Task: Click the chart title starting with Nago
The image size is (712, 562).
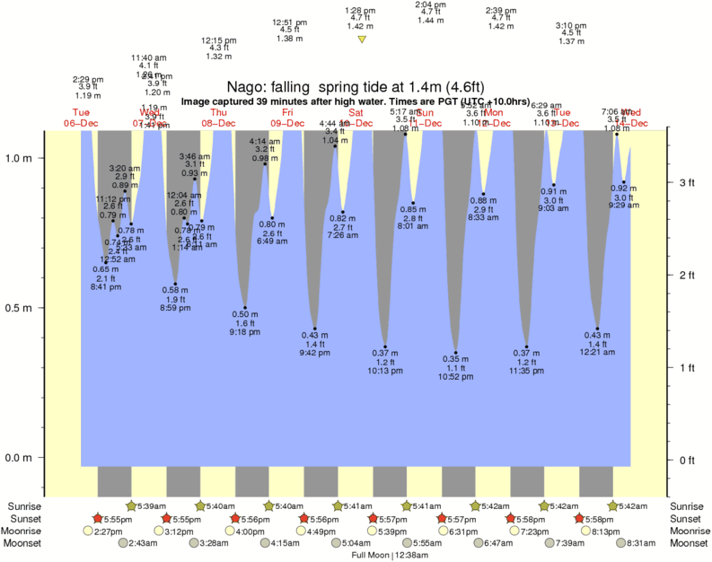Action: pos(356,87)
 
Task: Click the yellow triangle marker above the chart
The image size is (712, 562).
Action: pos(362,40)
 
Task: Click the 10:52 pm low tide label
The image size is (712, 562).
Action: pos(456,377)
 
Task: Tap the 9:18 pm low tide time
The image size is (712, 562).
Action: pos(245,332)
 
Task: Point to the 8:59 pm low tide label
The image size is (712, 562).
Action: pos(175,308)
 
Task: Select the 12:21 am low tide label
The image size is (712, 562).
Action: pos(597,353)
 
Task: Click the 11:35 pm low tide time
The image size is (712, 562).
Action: pos(527,370)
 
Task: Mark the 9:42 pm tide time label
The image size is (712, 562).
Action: pos(314,353)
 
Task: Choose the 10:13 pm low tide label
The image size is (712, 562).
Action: pos(385,370)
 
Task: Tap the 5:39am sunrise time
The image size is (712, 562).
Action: pos(149,506)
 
